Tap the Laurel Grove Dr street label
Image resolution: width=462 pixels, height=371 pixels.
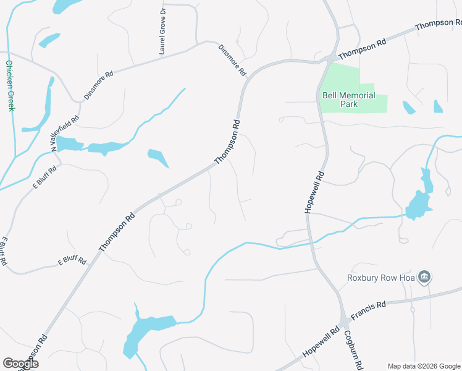tap(162, 32)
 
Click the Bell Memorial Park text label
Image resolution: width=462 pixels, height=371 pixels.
tap(348, 100)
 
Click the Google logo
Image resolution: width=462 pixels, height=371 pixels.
tap(20, 364)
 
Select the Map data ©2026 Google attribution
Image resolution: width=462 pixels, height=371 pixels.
tap(424, 365)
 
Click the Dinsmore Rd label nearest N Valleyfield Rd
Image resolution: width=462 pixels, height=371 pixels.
tap(99, 85)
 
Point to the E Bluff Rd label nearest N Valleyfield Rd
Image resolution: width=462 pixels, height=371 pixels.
tap(45, 177)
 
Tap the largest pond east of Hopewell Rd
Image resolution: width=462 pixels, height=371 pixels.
tap(418, 204)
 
